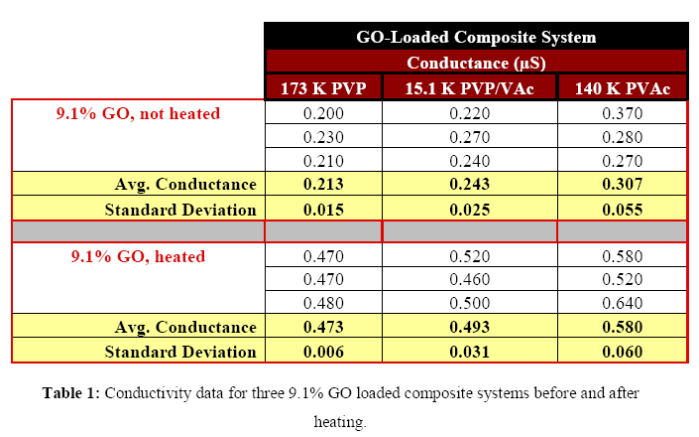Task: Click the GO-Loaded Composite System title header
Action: (476, 38)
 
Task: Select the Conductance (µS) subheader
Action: (476, 63)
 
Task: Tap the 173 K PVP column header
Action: (323, 88)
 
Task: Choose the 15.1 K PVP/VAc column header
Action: (470, 88)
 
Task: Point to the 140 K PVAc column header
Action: (622, 88)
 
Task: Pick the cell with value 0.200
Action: (323, 113)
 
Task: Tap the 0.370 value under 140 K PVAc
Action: (622, 113)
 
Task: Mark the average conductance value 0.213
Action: (323, 185)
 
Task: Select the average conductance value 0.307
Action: (622, 185)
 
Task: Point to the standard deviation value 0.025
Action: (470, 209)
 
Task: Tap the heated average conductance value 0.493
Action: (470, 328)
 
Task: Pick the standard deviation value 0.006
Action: (323, 352)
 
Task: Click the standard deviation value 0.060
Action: (622, 352)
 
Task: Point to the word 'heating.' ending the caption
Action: (340, 421)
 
